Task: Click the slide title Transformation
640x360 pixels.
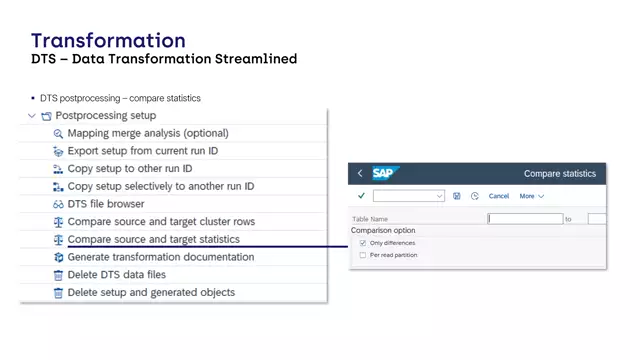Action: (x=108, y=40)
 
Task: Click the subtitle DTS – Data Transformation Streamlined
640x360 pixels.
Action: (x=164, y=59)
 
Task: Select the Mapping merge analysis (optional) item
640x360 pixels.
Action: (x=147, y=133)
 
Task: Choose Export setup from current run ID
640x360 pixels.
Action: (x=142, y=151)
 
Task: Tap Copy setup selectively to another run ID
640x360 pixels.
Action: (x=160, y=186)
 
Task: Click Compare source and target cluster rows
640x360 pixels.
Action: (x=160, y=221)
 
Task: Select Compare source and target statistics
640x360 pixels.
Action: (x=153, y=239)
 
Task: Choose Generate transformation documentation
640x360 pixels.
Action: (x=160, y=257)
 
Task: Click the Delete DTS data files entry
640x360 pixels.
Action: (x=116, y=274)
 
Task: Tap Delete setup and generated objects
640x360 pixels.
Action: (x=151, y=292)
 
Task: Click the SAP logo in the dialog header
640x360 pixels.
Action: (x=386, y=173)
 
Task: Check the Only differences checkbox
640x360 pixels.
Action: (x=362, y=243)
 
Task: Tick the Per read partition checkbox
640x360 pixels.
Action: (x=362, y=255)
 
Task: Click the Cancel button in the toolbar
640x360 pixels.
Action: (x=499, y=196)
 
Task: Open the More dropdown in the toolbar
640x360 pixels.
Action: (x=531, y=196)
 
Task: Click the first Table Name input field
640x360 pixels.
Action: (x=524, y=218)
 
